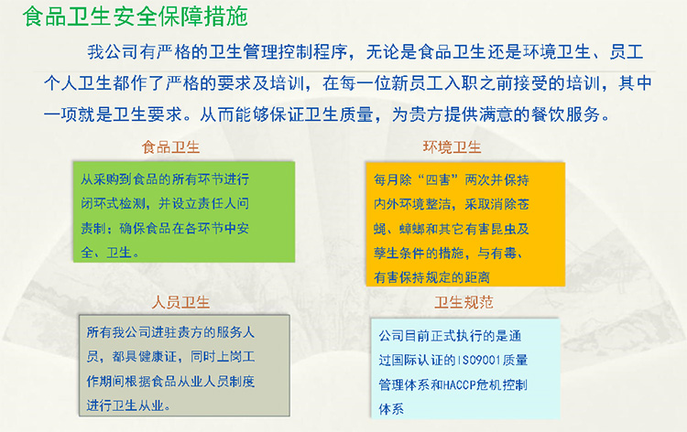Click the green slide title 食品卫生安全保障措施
click(135, 16)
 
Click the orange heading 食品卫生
click(171, 147)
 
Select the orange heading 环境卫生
click(453, 147)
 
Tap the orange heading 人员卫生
click(180, 302)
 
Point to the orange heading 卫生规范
click(464, 302)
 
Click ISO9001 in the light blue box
click(478, 361)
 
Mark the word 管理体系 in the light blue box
click(405, 384)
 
